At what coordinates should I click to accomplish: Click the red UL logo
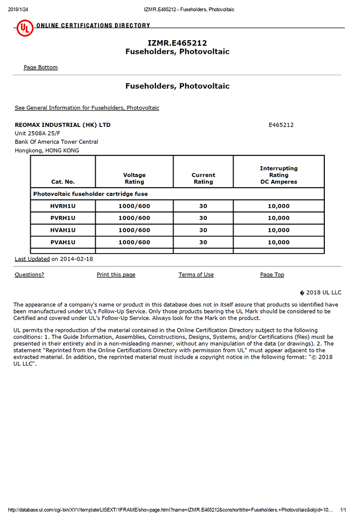click(25, 28)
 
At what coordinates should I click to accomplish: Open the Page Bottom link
click(41, 67)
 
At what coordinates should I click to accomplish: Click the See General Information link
click(87, 108)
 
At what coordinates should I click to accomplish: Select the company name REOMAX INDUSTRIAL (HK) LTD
click(62, 125)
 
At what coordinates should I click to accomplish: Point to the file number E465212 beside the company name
click(281, 125)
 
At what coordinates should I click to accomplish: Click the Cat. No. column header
click(63, 182)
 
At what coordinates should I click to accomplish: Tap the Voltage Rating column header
click(134, 178)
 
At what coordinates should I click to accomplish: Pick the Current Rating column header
click(203, 178)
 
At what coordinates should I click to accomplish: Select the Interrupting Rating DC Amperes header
click(279, 175)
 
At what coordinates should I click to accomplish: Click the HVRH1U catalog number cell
click(63, 206)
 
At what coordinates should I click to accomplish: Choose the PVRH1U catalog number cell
click(63, 218)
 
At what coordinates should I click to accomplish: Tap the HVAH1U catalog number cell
click(63, 230)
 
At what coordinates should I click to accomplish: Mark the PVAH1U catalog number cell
click(63, 242)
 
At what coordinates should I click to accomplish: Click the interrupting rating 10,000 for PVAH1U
click(279, 242)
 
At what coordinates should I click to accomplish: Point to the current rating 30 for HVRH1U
click(203, 206)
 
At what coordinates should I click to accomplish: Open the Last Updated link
click(32, 259)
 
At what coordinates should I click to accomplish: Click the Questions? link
click(29, 275)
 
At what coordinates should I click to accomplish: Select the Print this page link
click(116, 275)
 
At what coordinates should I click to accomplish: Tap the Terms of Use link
click(196, 275)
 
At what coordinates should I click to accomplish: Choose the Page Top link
click(272, 275)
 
